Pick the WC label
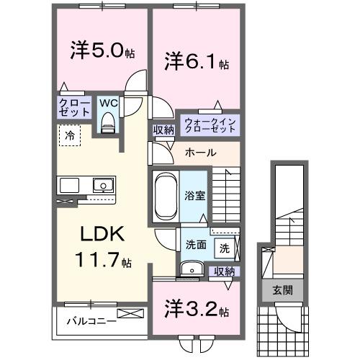pos(108,103)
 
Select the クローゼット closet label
pos(74,109)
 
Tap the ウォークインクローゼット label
pos(210,124)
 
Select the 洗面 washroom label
pos(195,244)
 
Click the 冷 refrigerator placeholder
pos(70,135)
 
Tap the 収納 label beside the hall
pos(163,130)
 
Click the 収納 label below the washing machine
pos(225,271)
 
